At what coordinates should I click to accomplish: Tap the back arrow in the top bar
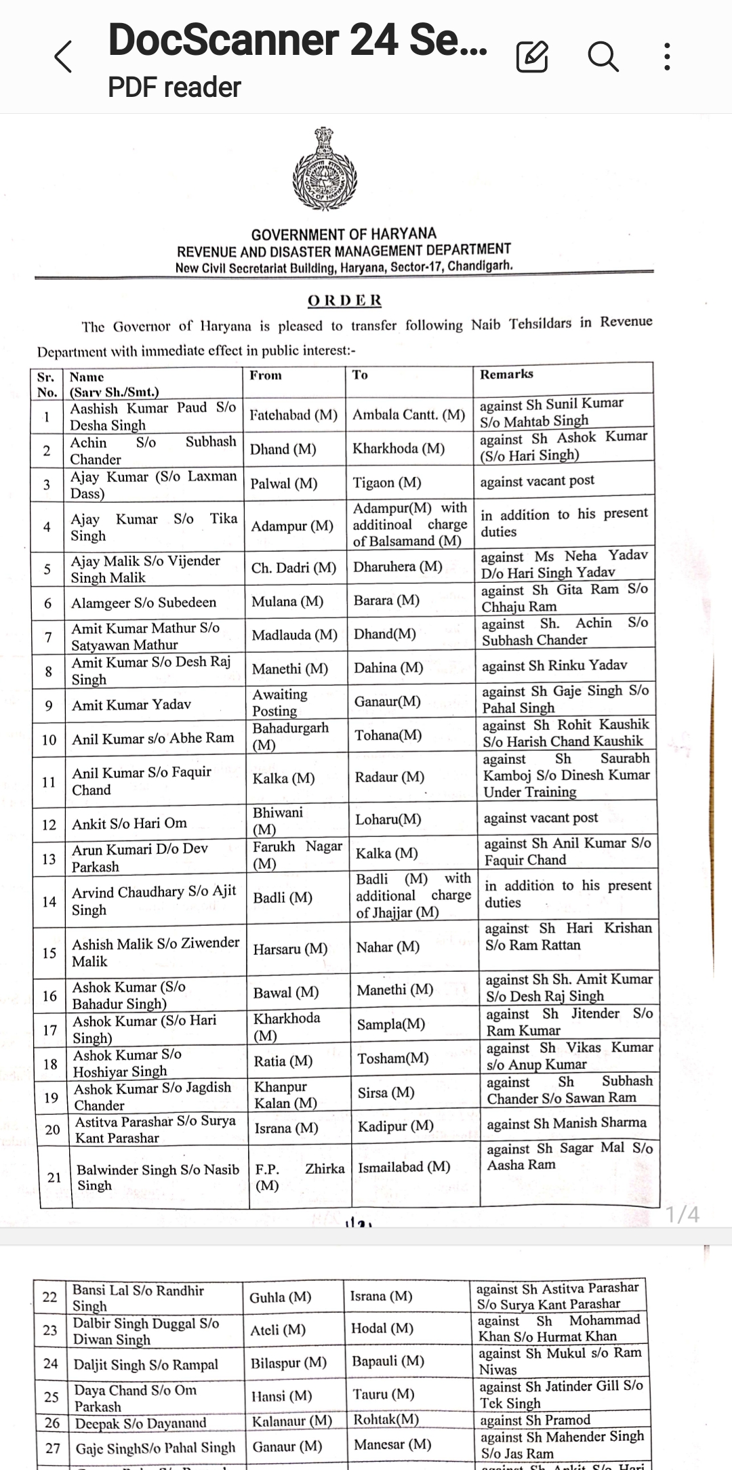[63, 56]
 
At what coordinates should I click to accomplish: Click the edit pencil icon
[532, 56]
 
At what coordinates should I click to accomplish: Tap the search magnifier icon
[603, 56]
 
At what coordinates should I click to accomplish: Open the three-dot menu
[668, 56]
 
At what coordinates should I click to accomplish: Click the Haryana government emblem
[324, 169]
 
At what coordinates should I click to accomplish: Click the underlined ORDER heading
[345, 300]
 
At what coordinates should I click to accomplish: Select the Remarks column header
[506, 374]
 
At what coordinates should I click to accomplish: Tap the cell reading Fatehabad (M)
[293, 415]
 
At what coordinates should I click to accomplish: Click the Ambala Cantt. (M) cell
[409, 415]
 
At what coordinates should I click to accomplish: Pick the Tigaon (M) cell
[387, 483]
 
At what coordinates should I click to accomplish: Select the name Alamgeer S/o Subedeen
[144, 603]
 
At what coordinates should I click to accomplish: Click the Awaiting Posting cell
[279, 702]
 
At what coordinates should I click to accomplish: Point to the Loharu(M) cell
[388, 819]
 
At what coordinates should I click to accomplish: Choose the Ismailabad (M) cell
[404, 1166]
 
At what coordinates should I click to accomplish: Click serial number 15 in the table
[49, 953]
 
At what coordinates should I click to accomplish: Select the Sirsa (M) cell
[386, 1093]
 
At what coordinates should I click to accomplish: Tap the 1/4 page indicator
[683, 1214]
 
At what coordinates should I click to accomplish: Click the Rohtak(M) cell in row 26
[386, 1419]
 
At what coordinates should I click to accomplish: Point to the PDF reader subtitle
[175, 87]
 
